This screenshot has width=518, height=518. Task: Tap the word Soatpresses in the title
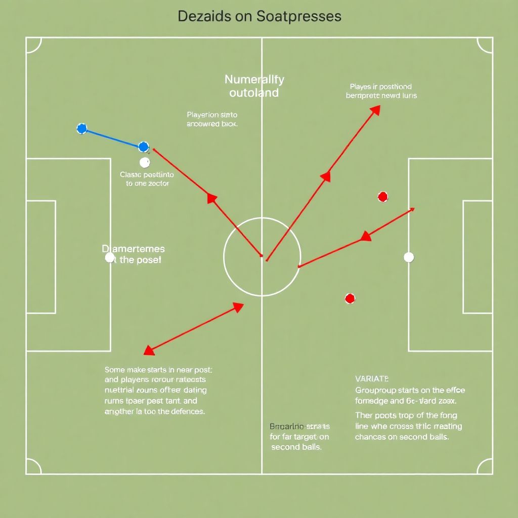coord(299,16)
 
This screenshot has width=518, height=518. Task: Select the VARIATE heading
coord(372,378)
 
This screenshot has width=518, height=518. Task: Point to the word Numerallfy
coord(254,79)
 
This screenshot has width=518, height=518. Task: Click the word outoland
coord(254,93)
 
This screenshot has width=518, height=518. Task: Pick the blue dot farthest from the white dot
coord(82,128)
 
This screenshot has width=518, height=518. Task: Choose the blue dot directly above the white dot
coord(144,147)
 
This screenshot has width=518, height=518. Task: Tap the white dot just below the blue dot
coord(145,162)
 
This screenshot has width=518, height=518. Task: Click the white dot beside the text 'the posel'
coord(110,257)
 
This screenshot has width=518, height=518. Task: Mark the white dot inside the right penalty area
coord(409,257)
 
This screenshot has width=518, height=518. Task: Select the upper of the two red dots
coord(383,196)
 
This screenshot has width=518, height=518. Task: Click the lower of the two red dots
coord(350,298)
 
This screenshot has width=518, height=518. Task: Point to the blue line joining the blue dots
coord(112,138)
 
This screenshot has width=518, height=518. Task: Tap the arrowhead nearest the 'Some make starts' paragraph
coord(149,350)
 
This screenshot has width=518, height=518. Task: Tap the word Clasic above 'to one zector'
coord(131,175)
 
